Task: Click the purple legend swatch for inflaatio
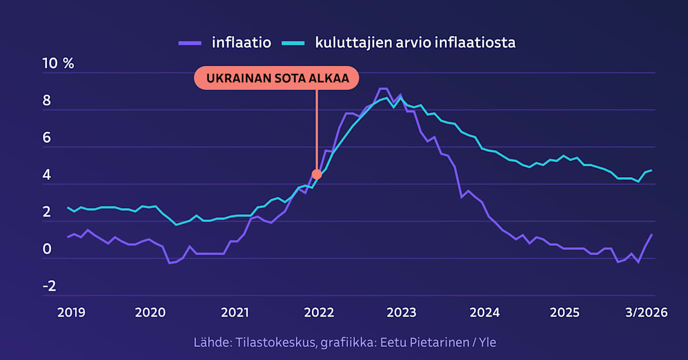click(x=189, y=42)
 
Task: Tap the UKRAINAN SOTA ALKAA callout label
click(x=276, y=79)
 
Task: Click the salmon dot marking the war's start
click(x=316, y=174)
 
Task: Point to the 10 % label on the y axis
click(x=58, y=64)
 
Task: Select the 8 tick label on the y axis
click(x=47, y=101)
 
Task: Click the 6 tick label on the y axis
click(x=47, y=138)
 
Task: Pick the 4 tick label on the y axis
click(x=47, y=175)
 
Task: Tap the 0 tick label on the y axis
click(x=47, y=249)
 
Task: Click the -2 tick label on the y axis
click(x=49, y=286)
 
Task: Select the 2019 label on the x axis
click(x=71, y=312)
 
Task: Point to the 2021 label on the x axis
click(x=235, y=312)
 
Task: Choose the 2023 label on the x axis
click(x=401, y=312)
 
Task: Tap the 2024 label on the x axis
click(x=485, y=312)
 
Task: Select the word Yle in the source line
click(x=485, y=343)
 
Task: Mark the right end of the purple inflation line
click(x=651, y=234)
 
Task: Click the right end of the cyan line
click(x=651, y=170)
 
